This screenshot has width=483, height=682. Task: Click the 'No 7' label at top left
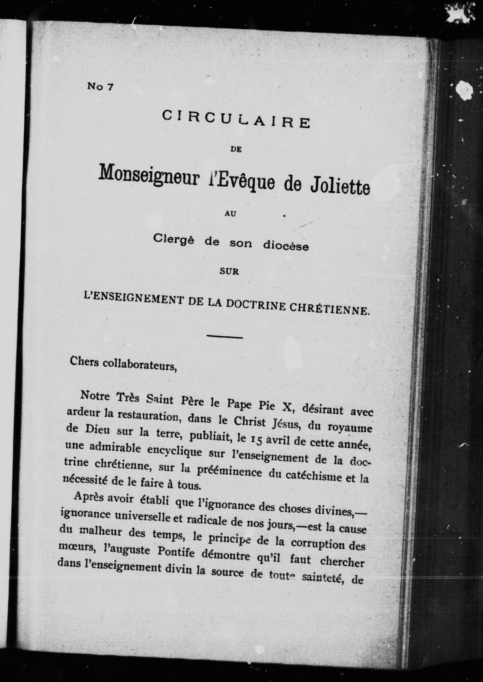coord(100,87)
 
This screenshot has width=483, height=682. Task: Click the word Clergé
coord(173,238)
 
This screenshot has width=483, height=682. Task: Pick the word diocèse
coord(286,246)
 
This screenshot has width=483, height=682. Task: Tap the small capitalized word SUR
coord(229,272)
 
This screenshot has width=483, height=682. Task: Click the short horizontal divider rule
coord(225,337)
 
